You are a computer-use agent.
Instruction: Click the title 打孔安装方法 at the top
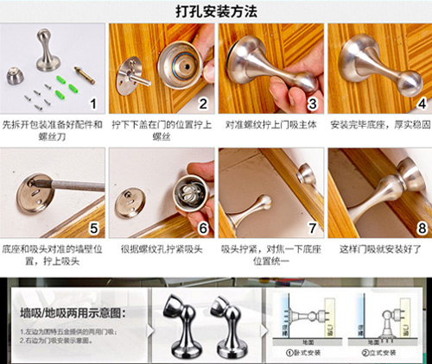[x=216, y=11]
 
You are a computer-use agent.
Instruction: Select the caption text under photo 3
[x=270, y=126]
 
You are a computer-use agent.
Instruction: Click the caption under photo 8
[x=378, y=248]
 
